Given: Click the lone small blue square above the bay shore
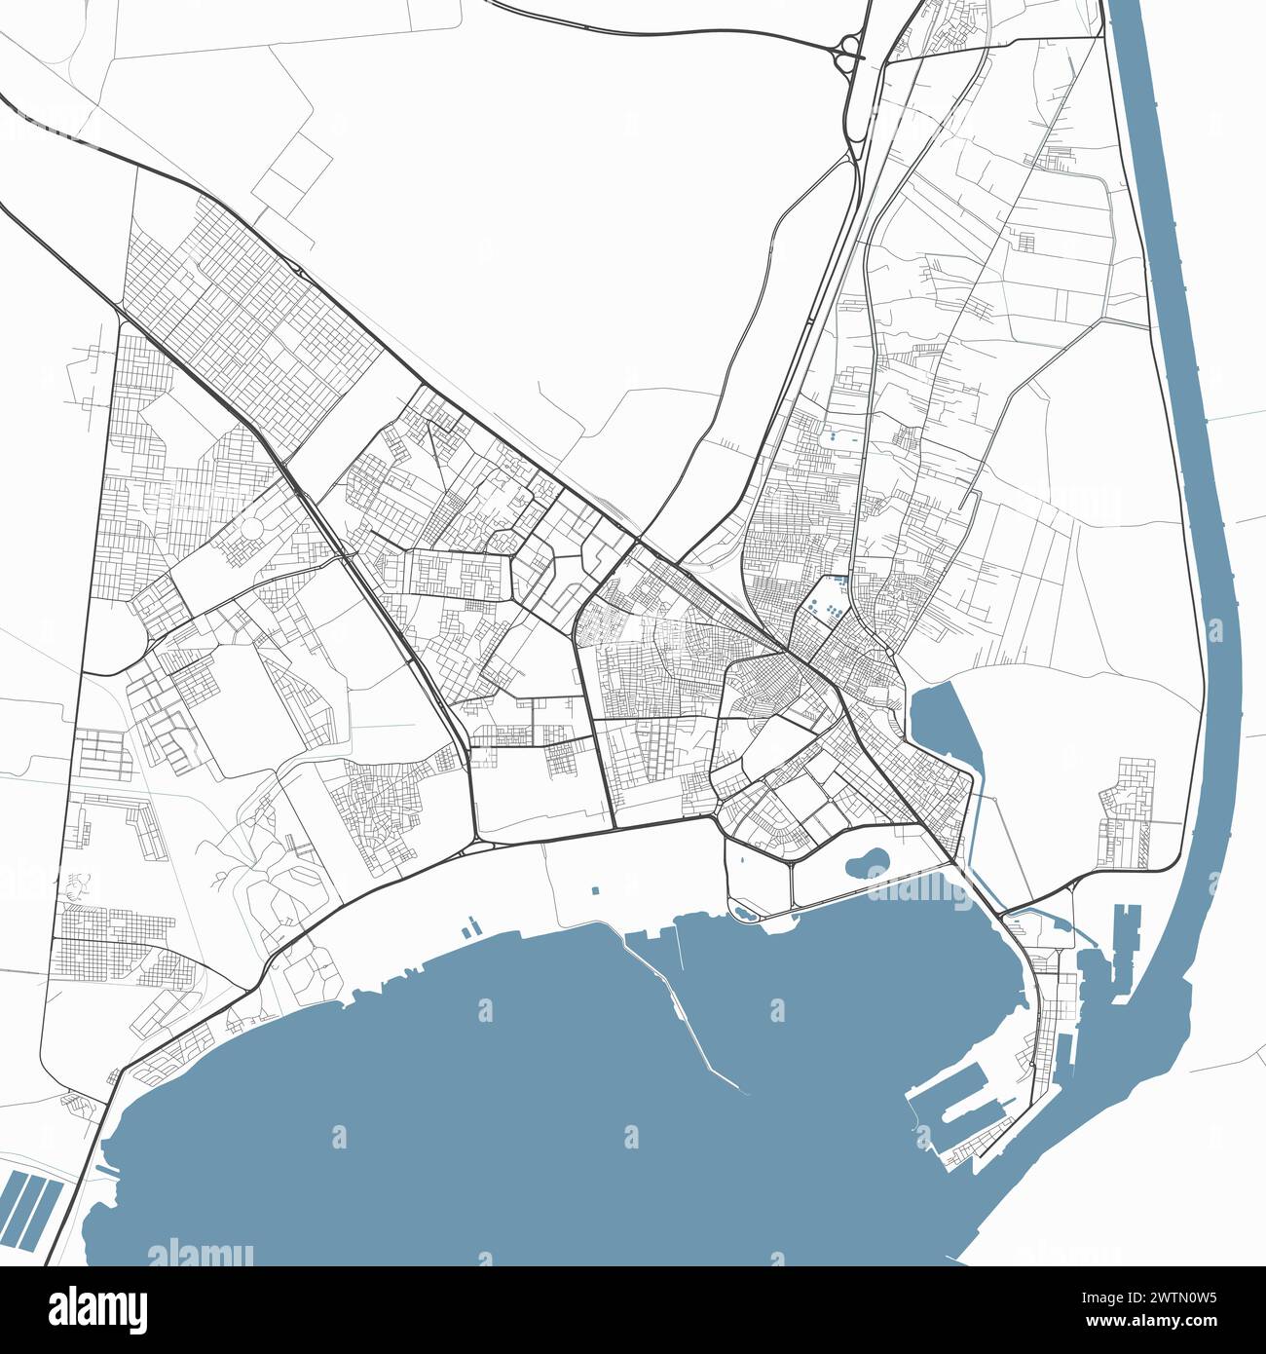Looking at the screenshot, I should coord(595,890).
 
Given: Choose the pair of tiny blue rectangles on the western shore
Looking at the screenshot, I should coord(470,924).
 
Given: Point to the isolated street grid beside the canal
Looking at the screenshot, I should coord(1127,813).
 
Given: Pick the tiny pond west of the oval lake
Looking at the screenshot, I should coord(745,913).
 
